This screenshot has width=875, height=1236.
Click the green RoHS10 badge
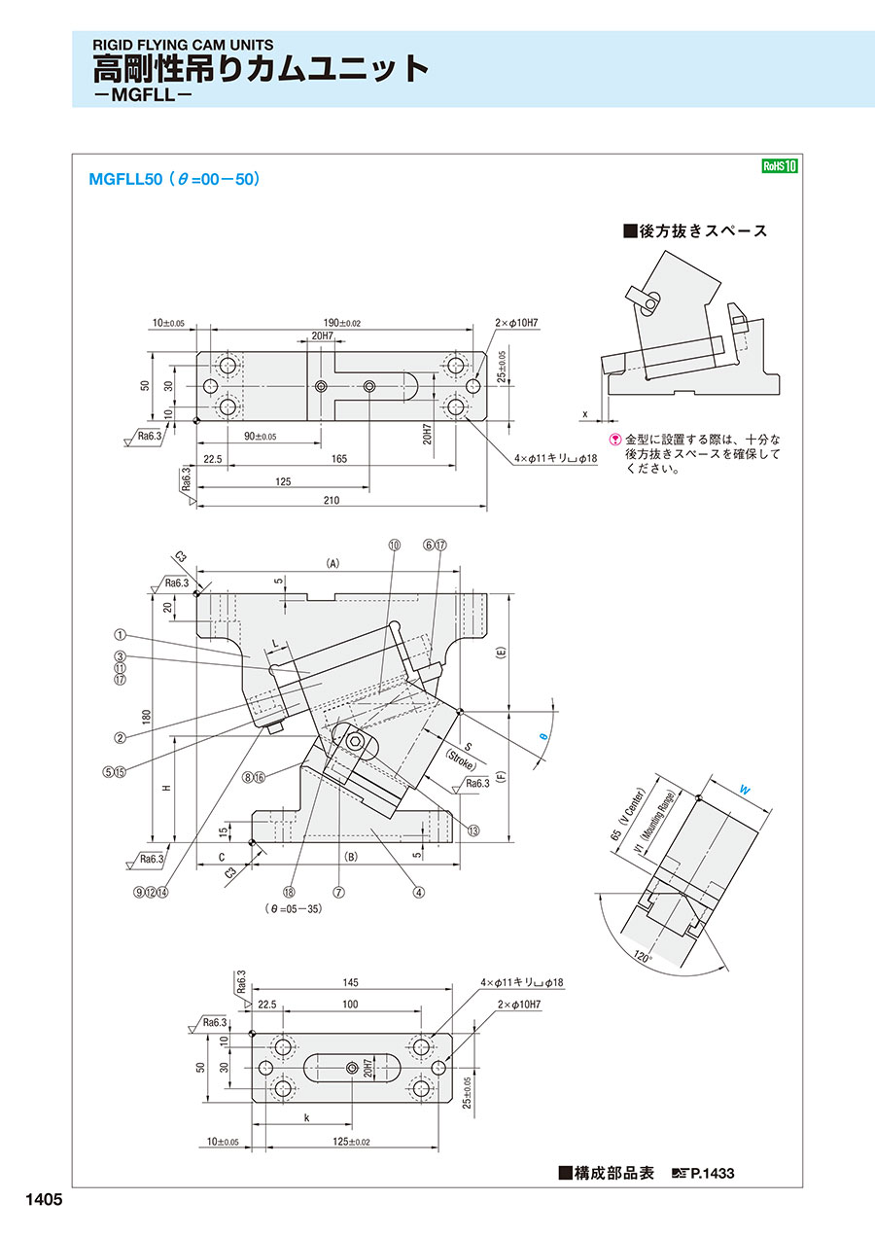(779, 166)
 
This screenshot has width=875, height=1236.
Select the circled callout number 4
(419, 890)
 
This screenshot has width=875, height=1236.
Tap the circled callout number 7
(338, 890)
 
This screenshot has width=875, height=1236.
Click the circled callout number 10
(394, 547)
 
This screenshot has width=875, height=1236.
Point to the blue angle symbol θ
(543, 737)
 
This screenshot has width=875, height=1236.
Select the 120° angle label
(642, 957)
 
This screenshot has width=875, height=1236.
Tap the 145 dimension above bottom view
(350, 982)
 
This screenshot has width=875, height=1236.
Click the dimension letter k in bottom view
(306, 1118)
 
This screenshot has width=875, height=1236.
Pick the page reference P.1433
(712, 1174)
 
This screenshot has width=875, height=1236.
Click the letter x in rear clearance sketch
(585, 413)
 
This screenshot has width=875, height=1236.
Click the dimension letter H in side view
(166, 788)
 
